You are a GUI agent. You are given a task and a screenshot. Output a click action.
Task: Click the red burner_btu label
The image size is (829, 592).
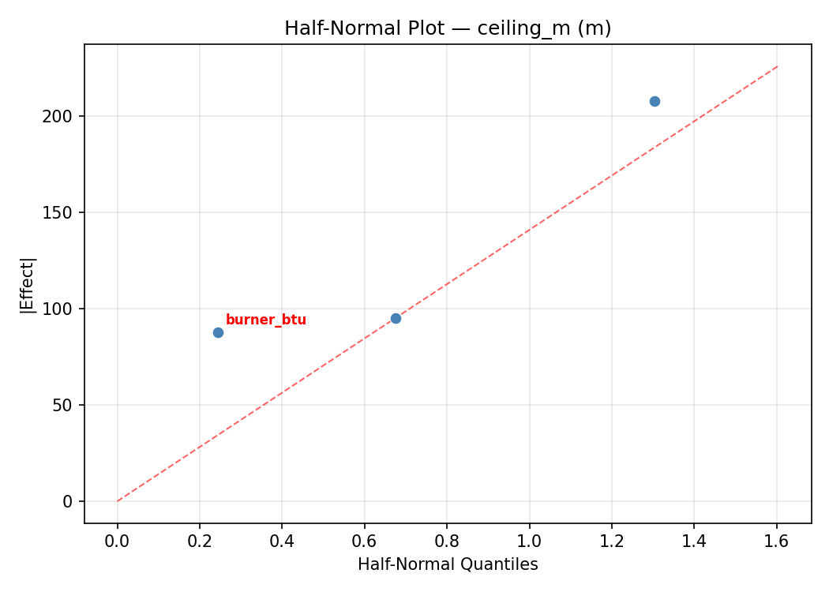click(265, 320)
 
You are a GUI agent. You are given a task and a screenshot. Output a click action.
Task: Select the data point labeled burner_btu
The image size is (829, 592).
click(218, 332)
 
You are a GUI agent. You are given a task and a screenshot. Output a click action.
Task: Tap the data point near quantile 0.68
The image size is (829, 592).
click(396, 318)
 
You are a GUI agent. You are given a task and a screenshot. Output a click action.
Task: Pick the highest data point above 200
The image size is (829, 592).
click(655, 101)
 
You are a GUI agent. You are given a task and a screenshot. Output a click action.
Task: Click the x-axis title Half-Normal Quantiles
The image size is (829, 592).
click(448, 564)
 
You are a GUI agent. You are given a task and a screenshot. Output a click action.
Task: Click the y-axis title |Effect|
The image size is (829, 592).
click(28, 284)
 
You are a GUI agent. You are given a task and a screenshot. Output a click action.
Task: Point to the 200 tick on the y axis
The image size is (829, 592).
click(62, 116)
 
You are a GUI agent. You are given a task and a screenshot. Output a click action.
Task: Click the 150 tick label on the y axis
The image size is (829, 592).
click(62, 212)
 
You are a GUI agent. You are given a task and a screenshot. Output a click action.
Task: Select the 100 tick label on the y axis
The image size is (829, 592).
click(62, 309)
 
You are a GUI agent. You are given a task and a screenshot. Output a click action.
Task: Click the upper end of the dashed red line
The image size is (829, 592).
click(777, 66)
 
